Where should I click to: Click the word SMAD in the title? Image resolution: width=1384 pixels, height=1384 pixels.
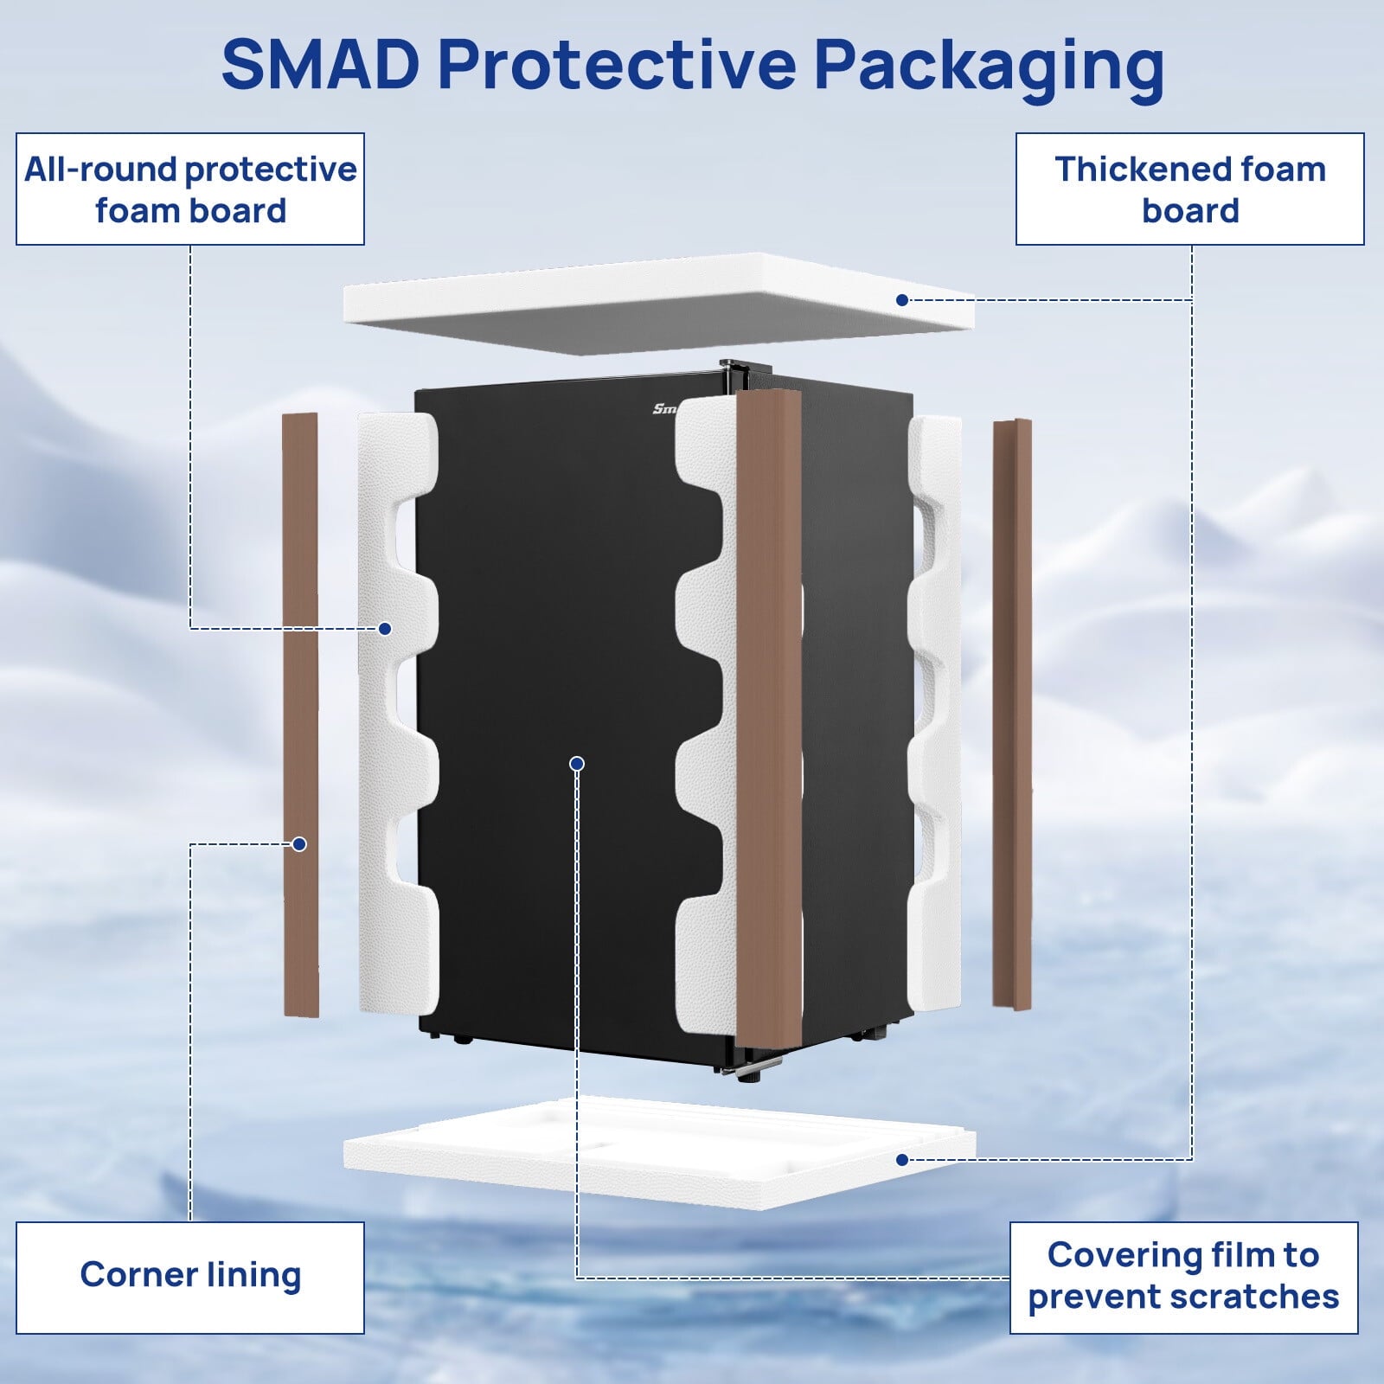(320, 65)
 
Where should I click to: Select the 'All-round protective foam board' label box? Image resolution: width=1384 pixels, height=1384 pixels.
(190, 189)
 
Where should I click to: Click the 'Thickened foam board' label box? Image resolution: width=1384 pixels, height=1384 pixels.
(1189, 189)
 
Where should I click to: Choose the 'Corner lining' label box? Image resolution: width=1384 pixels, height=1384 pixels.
(190, 1277)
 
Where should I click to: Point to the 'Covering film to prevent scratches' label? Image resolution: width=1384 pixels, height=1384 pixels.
(1183, 1277)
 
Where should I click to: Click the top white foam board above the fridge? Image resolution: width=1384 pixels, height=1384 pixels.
(657, 298)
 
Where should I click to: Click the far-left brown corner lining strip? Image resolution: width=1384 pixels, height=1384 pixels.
(301, 714)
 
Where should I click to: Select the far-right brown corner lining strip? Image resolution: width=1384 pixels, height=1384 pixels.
(1012, 714)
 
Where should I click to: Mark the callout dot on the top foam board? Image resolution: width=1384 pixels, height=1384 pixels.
(902, 300)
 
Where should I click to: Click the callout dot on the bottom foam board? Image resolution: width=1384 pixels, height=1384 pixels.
(902, 1160)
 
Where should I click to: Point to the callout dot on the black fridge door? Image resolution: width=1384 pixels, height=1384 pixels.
(577, 763)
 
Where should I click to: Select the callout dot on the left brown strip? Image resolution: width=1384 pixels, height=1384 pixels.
(299, 844)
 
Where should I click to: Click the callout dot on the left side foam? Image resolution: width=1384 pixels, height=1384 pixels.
(385, 629)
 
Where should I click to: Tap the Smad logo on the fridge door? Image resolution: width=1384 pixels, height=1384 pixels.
(664, 408)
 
